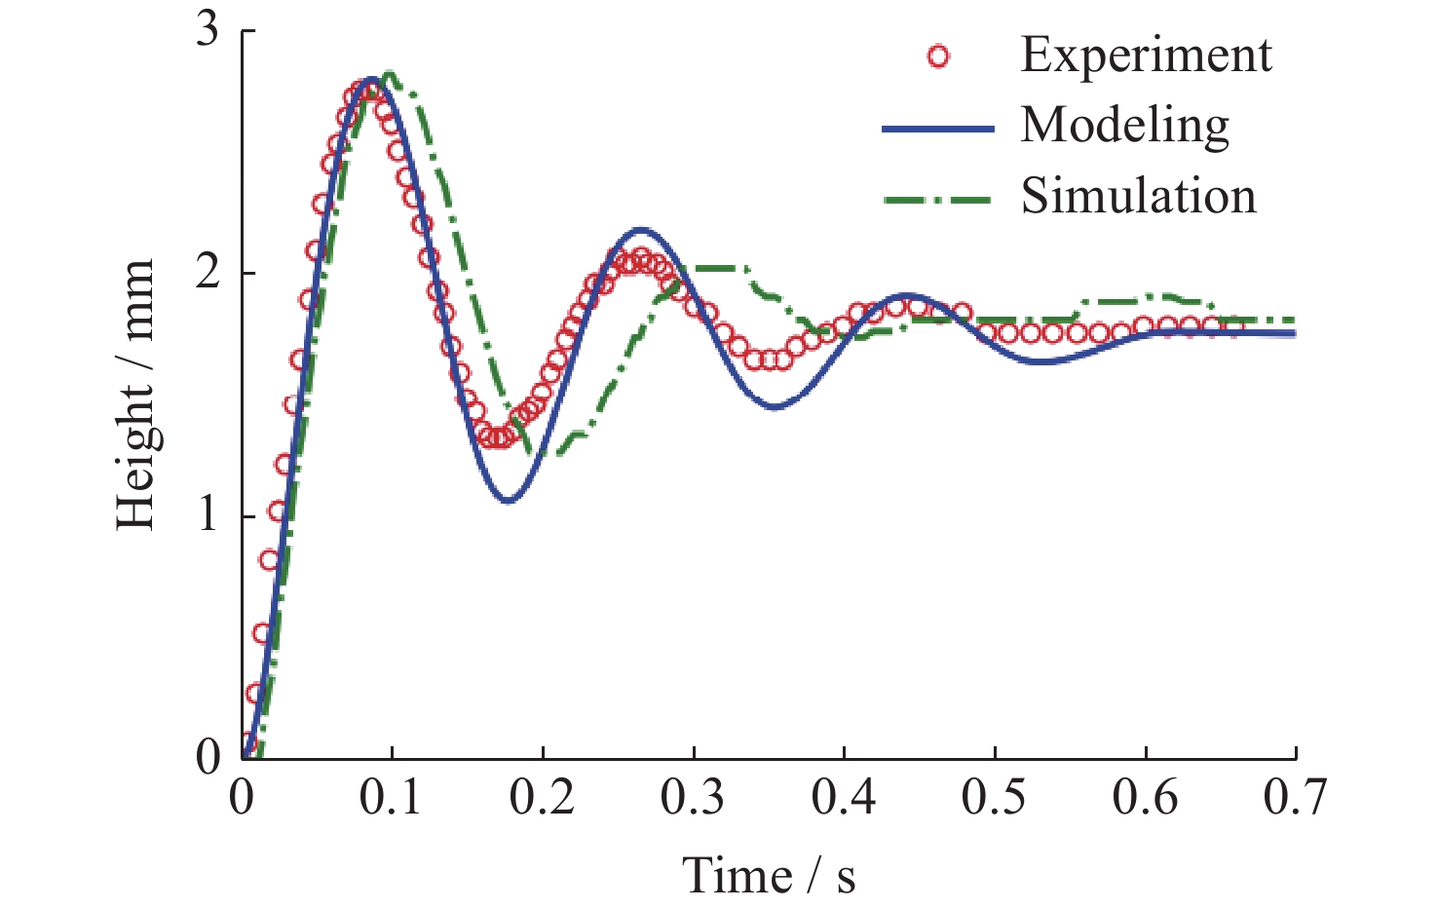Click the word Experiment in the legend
[x=1146, y=55]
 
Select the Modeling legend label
[x=1124, y=126]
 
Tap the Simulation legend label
[x=1138, y=197]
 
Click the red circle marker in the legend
[x=938, y=57]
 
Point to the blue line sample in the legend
[x=937, y=129]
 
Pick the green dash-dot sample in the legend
[x=937, y=200]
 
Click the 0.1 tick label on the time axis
[x=391, y=797]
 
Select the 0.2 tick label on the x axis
[x=543, y=797]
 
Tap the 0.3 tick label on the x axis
[x=693, y=797]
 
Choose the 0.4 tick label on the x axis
[x=844, y=797]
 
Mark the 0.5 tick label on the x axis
[x=994, y=797]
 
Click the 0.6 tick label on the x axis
[x=1145, y=797]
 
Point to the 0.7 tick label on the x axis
[x=1295, y=797]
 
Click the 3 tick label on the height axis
[x=208, y=31]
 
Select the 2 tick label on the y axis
[x=208, y=273]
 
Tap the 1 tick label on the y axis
[x=208, y=514]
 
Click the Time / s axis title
[x=769, y=874]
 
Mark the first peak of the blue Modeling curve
[x=371, y=79]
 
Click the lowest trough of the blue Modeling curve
[x=509, y=501]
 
